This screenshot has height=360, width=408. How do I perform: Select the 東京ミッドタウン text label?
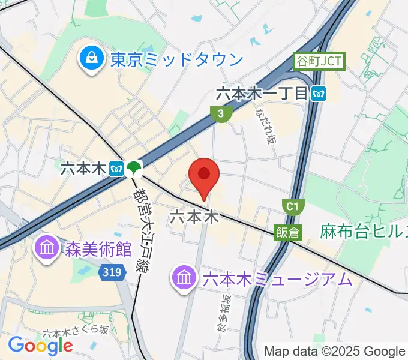coord(177,59)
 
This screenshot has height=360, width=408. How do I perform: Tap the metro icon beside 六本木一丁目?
coord(319,93)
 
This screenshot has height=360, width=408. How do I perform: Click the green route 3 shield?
coord(221,113)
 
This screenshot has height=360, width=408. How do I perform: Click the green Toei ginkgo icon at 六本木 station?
coord(135,169)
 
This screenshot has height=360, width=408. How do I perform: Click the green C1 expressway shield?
coord(292,207)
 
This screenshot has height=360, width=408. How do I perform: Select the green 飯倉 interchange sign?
coord(288,232)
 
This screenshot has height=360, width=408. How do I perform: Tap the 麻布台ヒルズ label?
coord(363,231)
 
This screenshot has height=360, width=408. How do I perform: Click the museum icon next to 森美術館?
coord(46,247)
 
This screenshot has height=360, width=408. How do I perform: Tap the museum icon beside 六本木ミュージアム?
coord(183,277)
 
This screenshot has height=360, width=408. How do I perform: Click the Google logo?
coord(40,345)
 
